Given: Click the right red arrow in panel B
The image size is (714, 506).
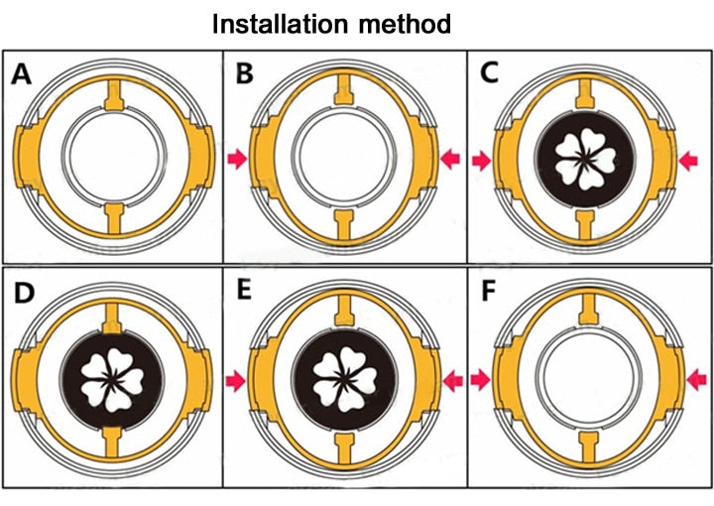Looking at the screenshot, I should click(x=450, y=156).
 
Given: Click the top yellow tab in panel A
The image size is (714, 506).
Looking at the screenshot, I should click(x=116, y=96).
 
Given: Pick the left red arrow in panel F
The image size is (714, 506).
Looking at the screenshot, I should click(x=481, y=379).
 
